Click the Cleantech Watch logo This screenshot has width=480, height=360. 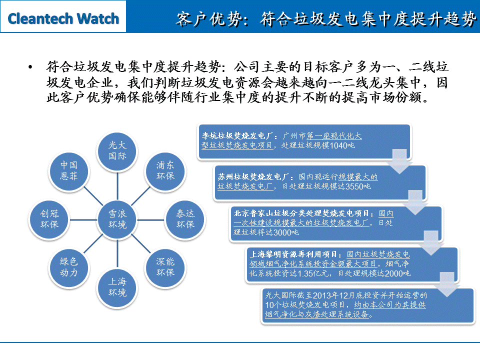pyautogui.click(x=63, y=19)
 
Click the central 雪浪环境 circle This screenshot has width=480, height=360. pyautogui.click(x=117, y=218)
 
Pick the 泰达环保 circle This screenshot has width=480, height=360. pyautogui.click(x=185, y=218)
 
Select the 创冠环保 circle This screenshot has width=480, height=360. pyautogui.click(x=49, y=218)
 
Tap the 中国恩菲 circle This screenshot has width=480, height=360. pyautogui.click(x=69, y=170)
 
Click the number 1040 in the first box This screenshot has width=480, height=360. pyautogui.click(x=340, y=146)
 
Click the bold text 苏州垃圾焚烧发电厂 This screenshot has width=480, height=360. pyautogui.click(x=255, y=177)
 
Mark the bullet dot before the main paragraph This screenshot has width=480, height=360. pyautogui.click(x=31, y=66)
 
